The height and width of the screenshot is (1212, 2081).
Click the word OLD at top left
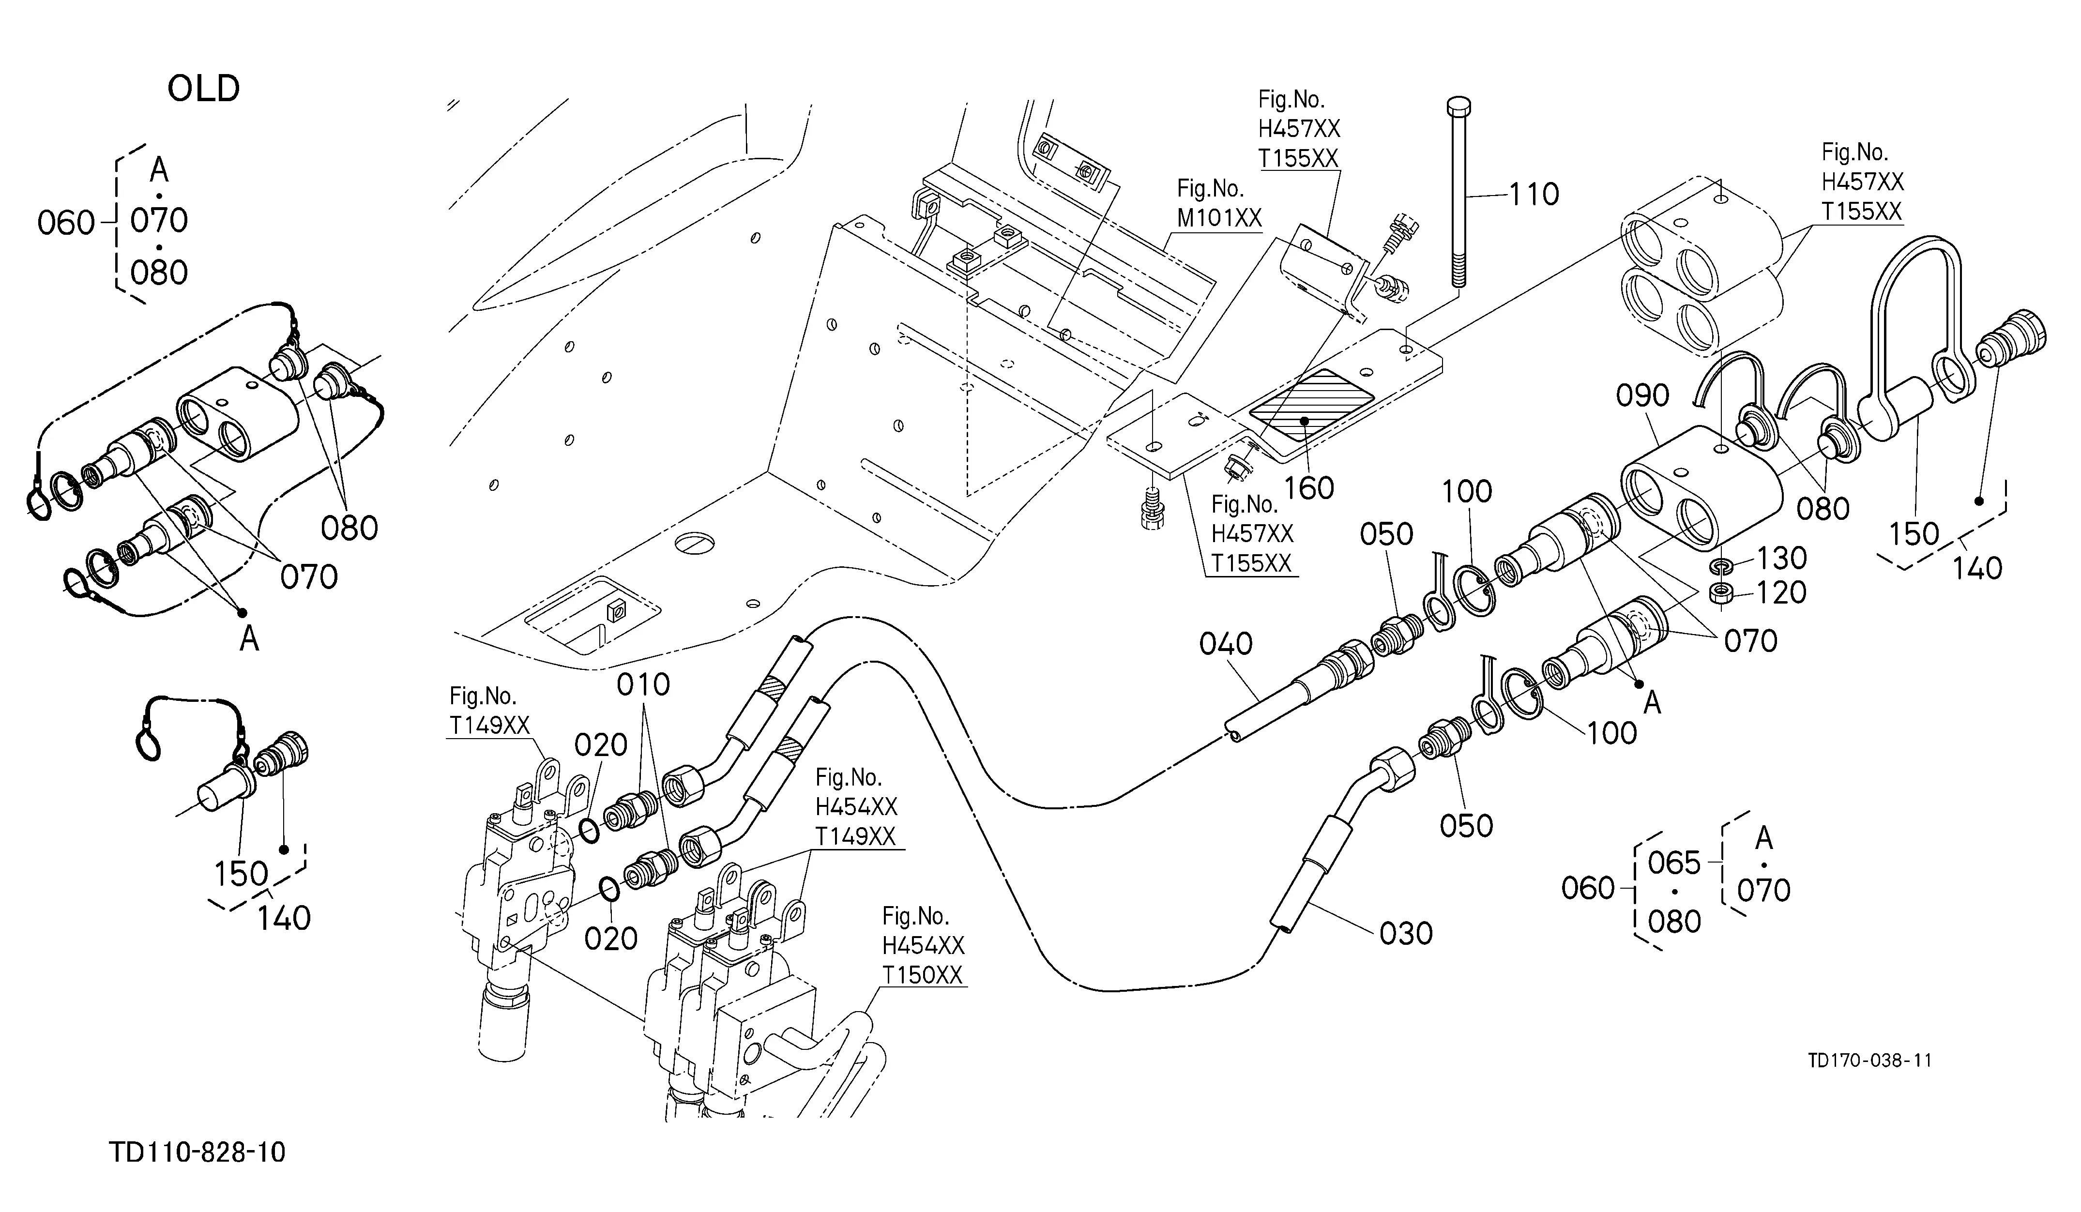pos(203,89)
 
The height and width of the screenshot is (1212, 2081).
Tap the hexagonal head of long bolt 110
pos(1459,108)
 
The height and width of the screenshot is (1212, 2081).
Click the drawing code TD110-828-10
pos(197,1151)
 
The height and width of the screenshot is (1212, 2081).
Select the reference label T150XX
pos(923,975)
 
